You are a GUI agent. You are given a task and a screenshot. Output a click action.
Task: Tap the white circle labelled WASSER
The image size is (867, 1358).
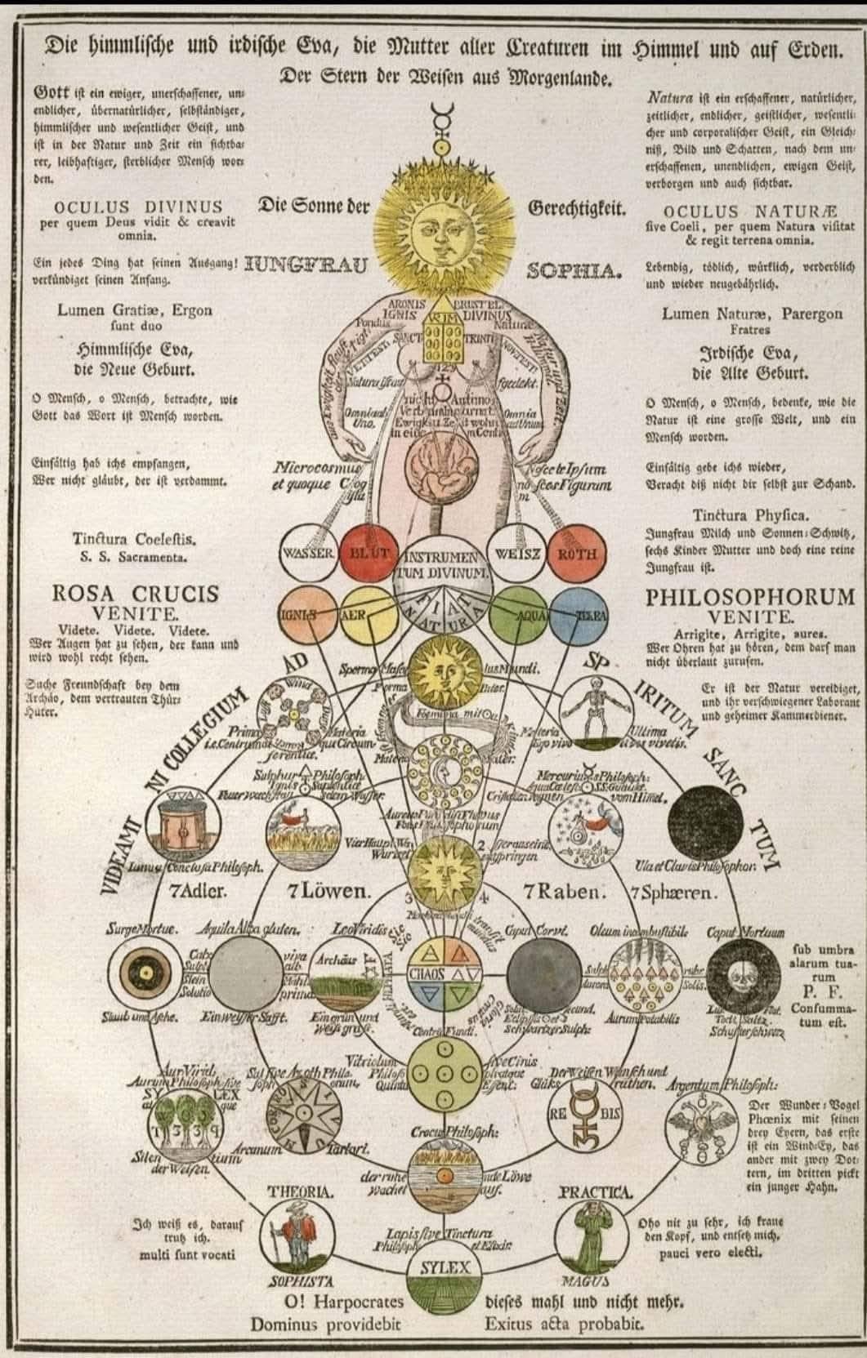[x=307, y=553]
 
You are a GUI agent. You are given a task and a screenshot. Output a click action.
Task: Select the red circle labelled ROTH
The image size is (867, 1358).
[x=577, y=554]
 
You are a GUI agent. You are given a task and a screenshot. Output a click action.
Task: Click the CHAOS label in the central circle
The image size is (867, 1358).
[x=426, y=974]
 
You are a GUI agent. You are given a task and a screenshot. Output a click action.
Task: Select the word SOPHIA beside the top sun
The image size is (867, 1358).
[x=570, y=270]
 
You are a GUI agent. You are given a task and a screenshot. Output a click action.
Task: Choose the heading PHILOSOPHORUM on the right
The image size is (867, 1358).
[x=751, y=596]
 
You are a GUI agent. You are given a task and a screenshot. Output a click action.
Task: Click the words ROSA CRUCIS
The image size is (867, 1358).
[x=136, y=594]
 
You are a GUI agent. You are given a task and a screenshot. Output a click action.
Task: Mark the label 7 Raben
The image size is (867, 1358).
[x=564, y=891]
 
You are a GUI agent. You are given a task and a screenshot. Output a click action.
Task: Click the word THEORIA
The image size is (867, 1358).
[x=300, y=1191]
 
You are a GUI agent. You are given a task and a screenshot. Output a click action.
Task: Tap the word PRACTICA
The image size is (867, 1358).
[x=596, y=1192]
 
